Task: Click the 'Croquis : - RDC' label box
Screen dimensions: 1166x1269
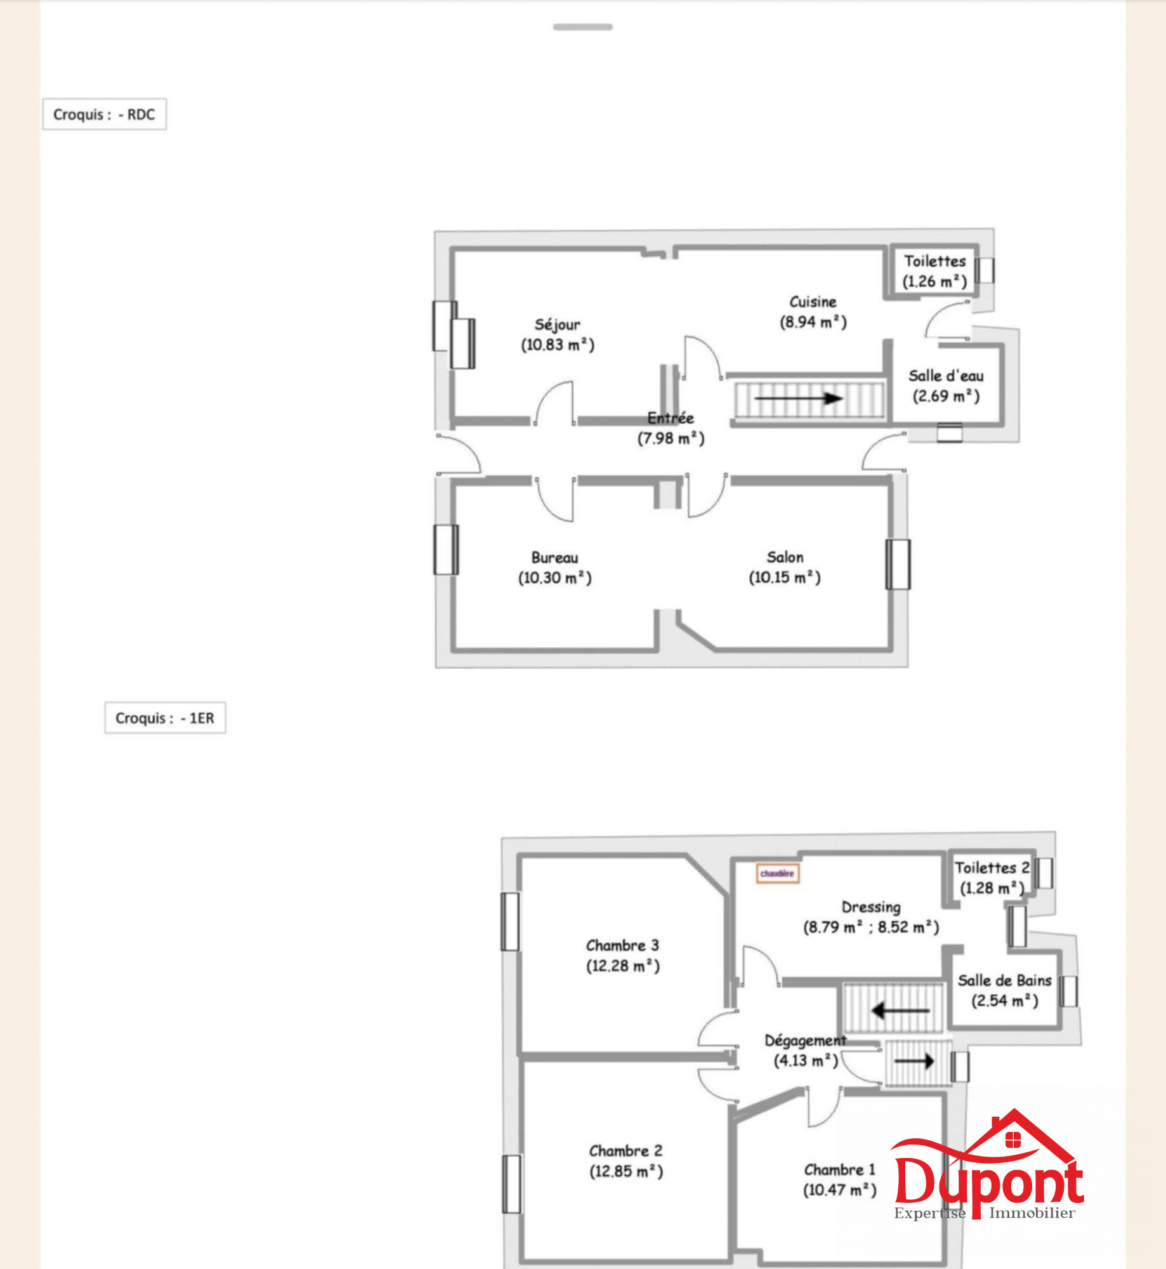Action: pyautogui.click(x=105, y=114)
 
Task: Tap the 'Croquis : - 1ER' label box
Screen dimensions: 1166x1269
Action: pyautogui.click(x=165, y=718)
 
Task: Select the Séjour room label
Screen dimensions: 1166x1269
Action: pyautogui.click(x=557, y=325)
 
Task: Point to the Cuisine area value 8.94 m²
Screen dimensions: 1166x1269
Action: pyautogui.click(x=813, y=322)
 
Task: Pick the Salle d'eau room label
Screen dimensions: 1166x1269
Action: pyautogui.click(x=946, y=376)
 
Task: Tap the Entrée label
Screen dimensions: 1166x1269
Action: pyautogui.click(x=671, y=418)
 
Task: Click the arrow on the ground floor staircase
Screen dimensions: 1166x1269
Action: pyautogui.click(x=798, y=398)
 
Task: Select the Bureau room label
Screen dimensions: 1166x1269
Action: pyautogui.click(x=554, y=558)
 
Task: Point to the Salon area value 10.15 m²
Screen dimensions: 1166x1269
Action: pyautogui.click(x=785, y=577)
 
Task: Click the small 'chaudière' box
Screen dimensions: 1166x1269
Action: pyautogui.click(x=777, y=874)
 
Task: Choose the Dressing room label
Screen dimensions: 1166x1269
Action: pyautogui.click(x=871, y=907)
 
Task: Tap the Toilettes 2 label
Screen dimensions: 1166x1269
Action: pyautogui.click(x=992, y=867)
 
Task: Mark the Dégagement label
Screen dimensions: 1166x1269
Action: pyautogui.click(x=805, y=1041)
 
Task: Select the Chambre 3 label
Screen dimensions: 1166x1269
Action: pyautogui.click(x=622, y=945)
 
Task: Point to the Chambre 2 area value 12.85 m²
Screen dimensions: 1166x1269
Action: pyautogui.click(x=626, y=1171)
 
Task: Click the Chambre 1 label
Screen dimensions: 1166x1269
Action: pyautogui.click(x=839, y=1169)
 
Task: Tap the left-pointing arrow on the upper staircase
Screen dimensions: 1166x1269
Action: pyautogui.click(x=901, y=1010)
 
